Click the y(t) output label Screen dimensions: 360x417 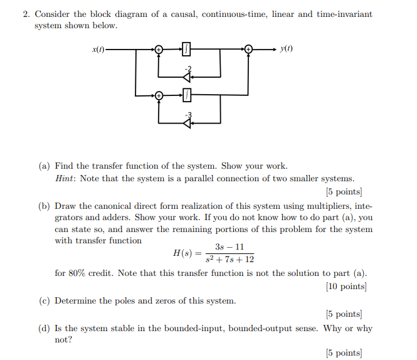[287, 49]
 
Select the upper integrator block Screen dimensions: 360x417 [186, 49]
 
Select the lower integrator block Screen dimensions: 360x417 [186, 95]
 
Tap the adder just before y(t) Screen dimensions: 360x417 [249, 49]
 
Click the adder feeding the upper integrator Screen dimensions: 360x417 [159, 49]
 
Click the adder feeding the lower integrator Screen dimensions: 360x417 [159, 95]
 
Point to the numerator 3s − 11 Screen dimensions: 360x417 [229, 247]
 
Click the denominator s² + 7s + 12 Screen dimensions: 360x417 [229, 259]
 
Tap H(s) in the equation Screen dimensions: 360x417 [183, 253]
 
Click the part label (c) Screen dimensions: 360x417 [45, 301]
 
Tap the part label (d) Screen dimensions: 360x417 [45, 328]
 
